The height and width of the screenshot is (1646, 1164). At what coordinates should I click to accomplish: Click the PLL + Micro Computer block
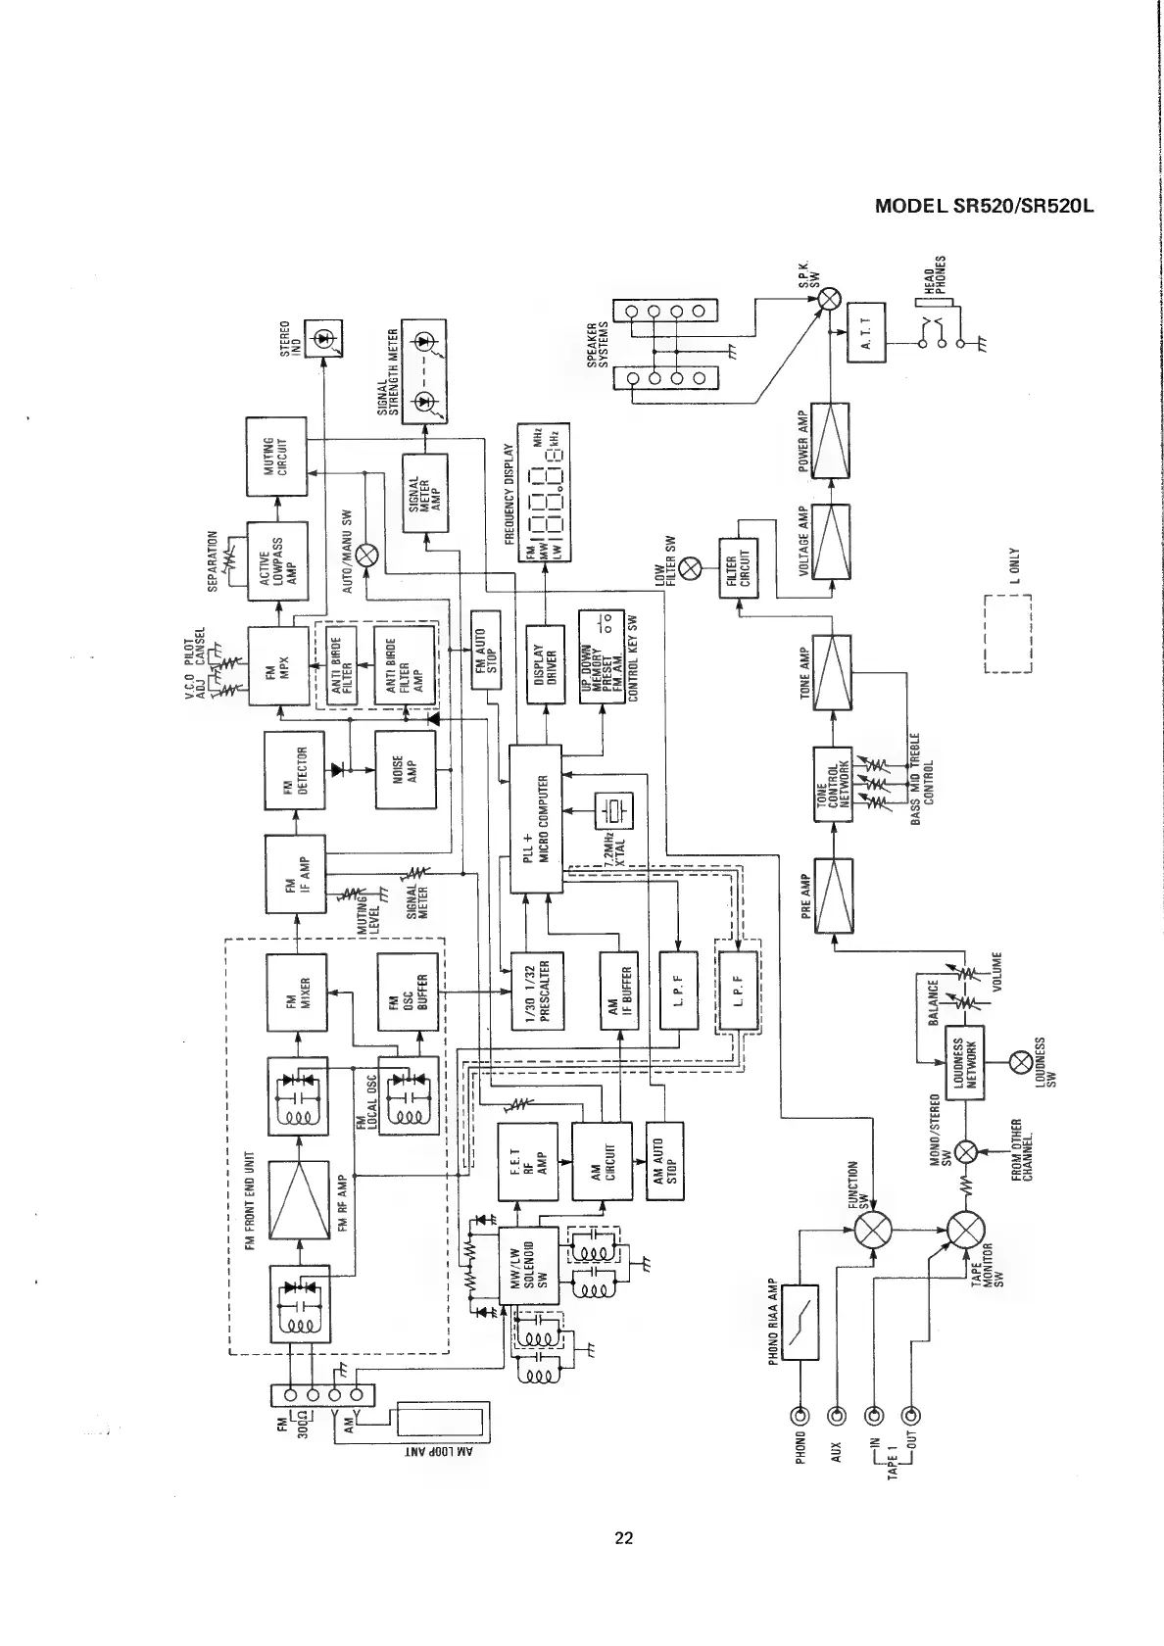click(536, 818)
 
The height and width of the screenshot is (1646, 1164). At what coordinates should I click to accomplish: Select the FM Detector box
click(293, 771)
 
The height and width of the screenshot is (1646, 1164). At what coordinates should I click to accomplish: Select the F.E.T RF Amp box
click(527, 1162)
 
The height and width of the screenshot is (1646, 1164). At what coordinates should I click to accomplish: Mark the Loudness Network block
click(963, 1063)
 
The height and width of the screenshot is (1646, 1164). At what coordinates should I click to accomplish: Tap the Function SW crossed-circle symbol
click(872, 1231)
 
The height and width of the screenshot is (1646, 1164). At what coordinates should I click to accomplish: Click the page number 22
click(624, 1537)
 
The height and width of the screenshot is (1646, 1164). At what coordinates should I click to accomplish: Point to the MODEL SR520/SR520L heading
click(982, 208)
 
